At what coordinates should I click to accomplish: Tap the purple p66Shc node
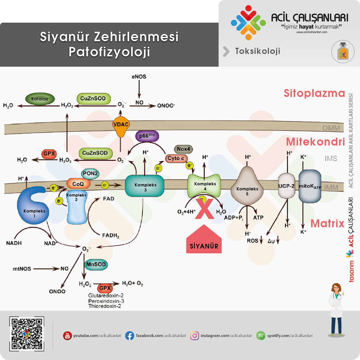[x=147, y=136]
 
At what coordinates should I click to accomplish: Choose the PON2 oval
[x=91, y=174]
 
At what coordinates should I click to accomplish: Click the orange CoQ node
[x=78, y=184]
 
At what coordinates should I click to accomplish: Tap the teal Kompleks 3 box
[x=144, y=186]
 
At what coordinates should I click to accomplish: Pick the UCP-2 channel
[x=287, y=186]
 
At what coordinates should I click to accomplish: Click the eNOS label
[x=139, y=77]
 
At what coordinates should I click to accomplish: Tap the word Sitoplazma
[x=314, y=94]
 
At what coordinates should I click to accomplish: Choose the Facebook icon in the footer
[x=130, y=336]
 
